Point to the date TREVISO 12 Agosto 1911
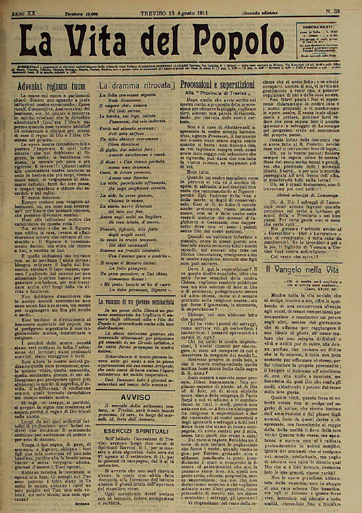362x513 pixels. [x=174, y=13]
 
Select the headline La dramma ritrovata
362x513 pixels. [x=136, y=85]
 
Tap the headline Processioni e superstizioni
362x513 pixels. [x=218, y=84]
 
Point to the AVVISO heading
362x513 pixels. [x=136, y=397]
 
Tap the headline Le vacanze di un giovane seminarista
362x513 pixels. [x=136, y=301]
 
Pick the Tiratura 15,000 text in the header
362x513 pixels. [x=81, y=14]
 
